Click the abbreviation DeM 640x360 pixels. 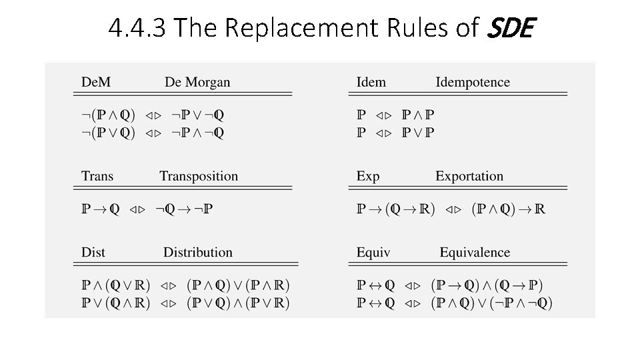click(95, 83)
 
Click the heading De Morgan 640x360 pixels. click(197, 83)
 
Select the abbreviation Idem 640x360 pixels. click(371, 83)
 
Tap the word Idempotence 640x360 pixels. click(473, 83)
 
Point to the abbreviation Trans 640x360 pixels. click(97, 177)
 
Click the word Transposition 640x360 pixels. click(199, 177)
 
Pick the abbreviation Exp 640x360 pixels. click(368, 177)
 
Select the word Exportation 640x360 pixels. click(469, 177)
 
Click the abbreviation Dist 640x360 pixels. click(93, 253)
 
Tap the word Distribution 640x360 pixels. click(198, 253)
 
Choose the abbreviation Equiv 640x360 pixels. click(373, 253)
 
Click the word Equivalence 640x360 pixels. click(475, 253)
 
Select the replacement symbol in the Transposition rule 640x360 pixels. click(137, 210)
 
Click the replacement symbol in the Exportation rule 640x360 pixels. click(453, 210)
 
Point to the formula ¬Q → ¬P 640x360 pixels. click(185, 210)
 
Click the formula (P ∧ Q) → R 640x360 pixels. click(508, 210)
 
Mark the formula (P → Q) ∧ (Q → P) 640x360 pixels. click(487, 285)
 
